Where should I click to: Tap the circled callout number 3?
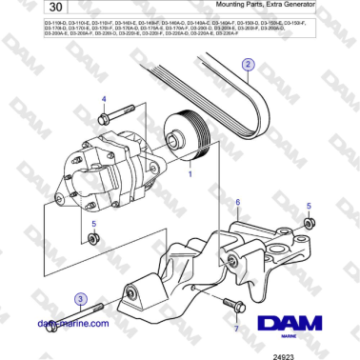coord(82,299)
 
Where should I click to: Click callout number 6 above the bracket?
coord(237,203)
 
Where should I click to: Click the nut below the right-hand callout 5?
coord(308,224)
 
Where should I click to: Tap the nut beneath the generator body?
coord(93,237)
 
